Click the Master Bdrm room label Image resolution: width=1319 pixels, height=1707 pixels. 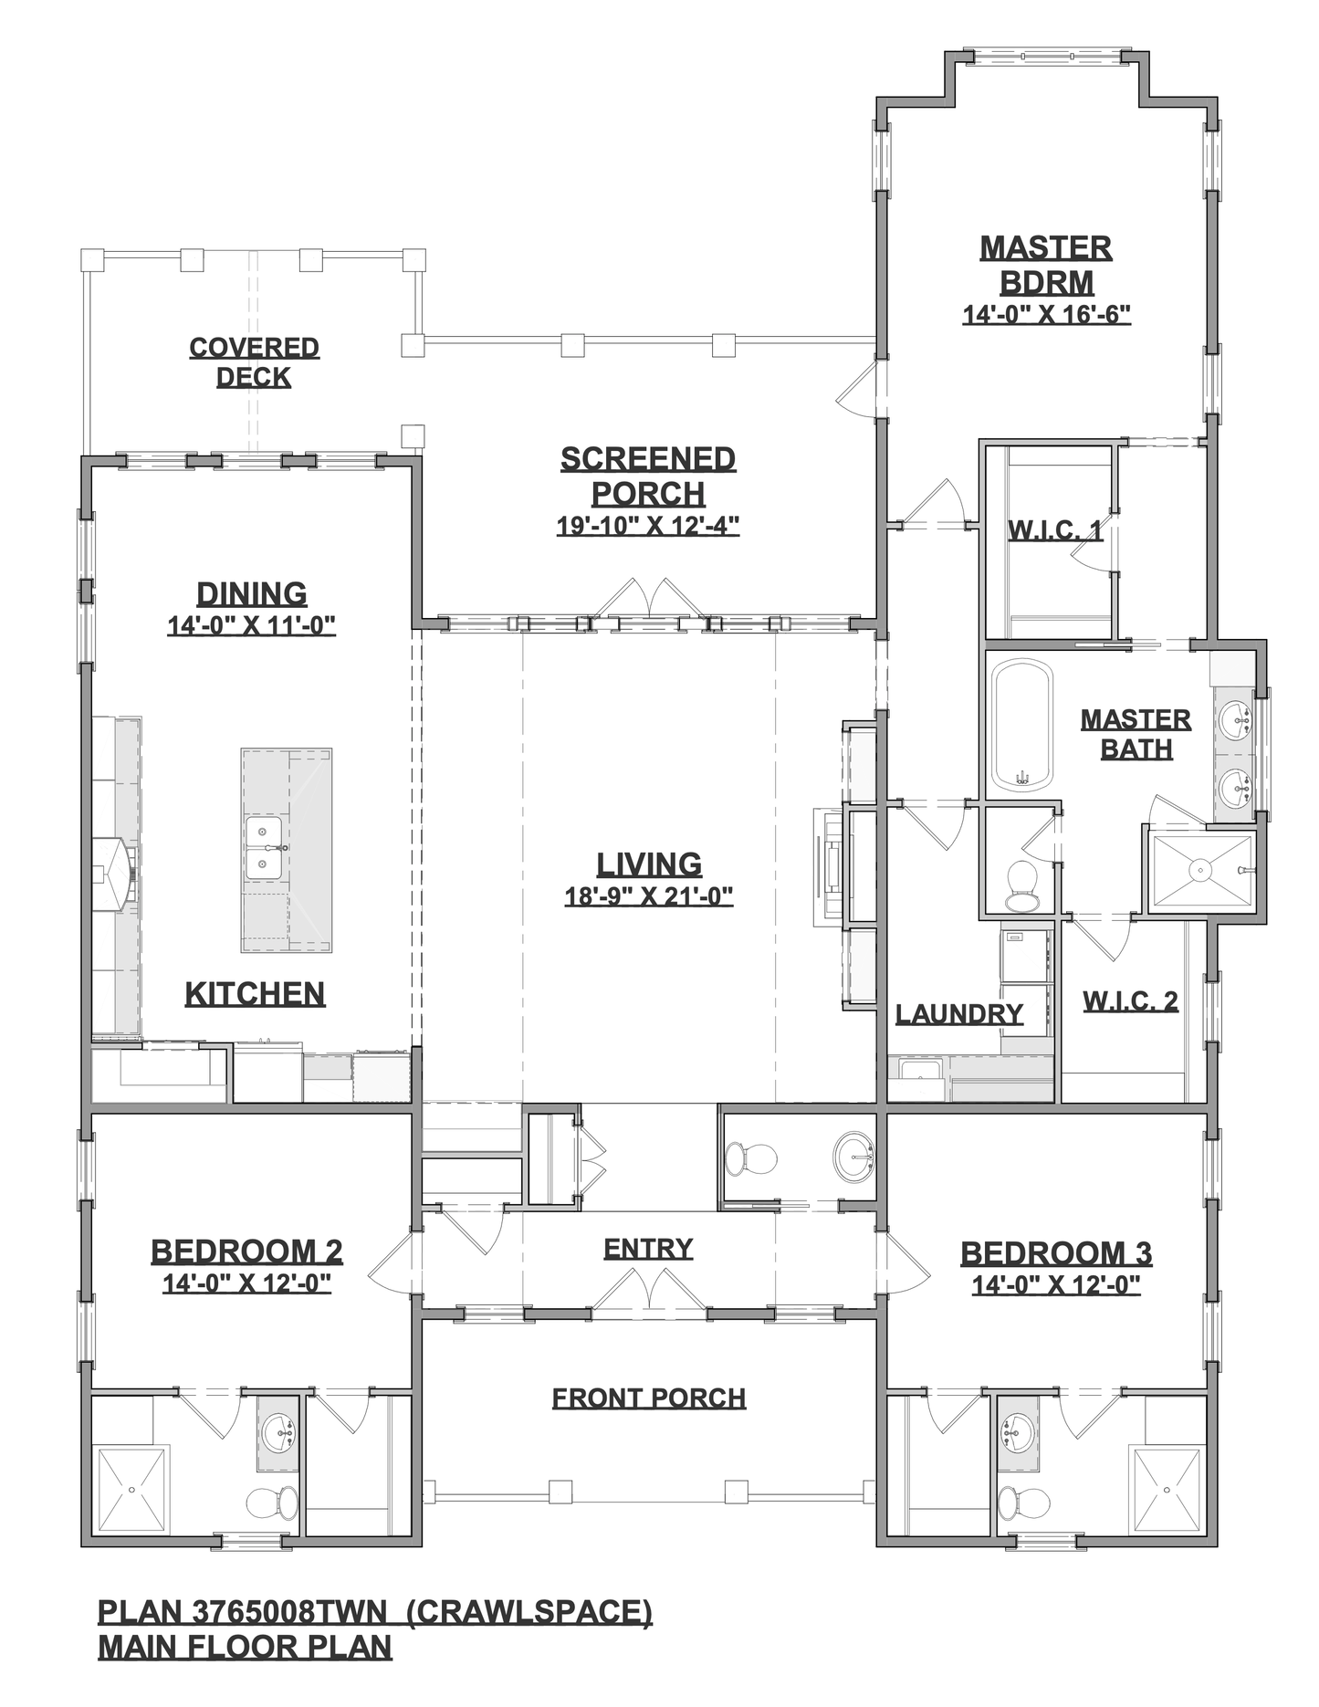point(1046,265)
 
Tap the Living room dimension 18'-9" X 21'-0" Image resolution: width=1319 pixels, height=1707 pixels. point(649,896)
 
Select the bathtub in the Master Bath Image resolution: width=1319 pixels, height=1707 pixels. point(1022,725)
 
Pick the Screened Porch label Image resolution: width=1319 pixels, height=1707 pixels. point(648,476)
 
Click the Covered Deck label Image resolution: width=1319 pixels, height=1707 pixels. point(254,362)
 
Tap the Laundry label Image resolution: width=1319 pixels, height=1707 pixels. point(958,1014)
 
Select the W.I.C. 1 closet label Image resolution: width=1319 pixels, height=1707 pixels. point(1054,530)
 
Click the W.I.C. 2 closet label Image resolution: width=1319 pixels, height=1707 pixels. point(1130,1001)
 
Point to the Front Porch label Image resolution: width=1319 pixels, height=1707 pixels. point(649,1398)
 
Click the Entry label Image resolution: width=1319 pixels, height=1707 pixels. point(648,1248)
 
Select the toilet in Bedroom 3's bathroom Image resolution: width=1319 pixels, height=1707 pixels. point(1016,1500)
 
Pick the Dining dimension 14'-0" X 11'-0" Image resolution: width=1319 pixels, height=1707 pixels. point(252,625)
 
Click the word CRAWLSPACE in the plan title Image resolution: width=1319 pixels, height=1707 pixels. point(529,1612)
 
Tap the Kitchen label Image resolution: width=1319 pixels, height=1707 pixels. point(255,994)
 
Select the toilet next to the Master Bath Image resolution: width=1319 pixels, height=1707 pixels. point(1022,885)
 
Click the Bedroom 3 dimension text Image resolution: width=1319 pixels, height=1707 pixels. point(1056,1285)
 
